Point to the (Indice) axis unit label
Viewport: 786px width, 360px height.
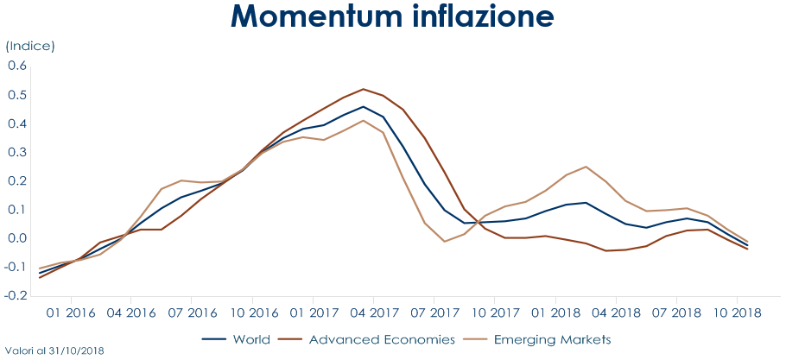(30, 46)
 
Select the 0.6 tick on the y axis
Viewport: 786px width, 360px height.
(18, 66)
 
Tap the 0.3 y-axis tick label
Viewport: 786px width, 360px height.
(18, 152)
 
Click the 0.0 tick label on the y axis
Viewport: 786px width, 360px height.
(18, 238)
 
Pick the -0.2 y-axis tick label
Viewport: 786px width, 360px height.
(16, 295)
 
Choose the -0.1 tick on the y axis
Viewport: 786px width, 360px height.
(16, 267)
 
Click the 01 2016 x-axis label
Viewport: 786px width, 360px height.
(71, 312)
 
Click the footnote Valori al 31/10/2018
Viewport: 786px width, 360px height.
(54, 352)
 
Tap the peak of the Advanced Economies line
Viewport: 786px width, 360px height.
(364, 89)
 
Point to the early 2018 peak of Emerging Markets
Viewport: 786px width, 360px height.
(586, 167)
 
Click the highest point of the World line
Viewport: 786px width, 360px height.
(364, 107)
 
